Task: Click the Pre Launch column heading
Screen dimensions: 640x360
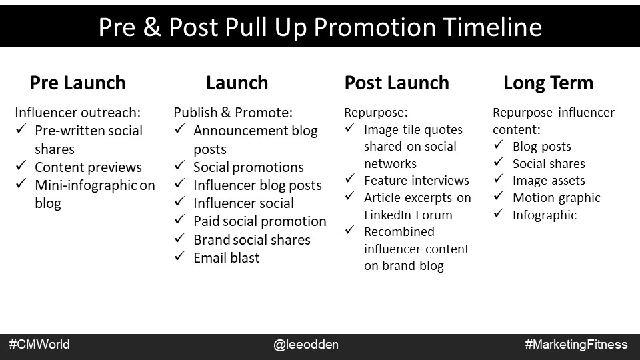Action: tap(77, 83)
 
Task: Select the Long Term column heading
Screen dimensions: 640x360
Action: tap(548, 83)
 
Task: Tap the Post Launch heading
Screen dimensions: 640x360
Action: tap(397, 83)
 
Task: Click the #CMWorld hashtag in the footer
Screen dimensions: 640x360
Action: tap(39, 345)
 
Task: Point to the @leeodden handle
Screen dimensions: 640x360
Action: tap(306, 345)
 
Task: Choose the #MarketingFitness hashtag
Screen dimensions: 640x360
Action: tap(576, 345)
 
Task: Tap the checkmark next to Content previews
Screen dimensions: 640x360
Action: tap(21, 166)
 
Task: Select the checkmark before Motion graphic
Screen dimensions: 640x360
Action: tap(499, 196)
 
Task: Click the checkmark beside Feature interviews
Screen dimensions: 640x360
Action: tap(350, 179)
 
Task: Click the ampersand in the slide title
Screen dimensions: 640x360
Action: tap(152, 27)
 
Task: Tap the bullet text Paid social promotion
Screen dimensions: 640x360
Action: tap(259, 221)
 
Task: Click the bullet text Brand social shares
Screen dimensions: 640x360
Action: tap(252, 239)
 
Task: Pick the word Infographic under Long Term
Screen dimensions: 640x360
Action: tap(545, 215)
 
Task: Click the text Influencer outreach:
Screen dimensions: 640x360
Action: tap(77, 112)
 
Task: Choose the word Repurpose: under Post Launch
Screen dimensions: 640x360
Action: tap(376, 112)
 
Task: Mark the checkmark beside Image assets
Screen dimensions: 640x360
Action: tap(499, 179)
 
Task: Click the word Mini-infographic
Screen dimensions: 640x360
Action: tap(86, 185)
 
